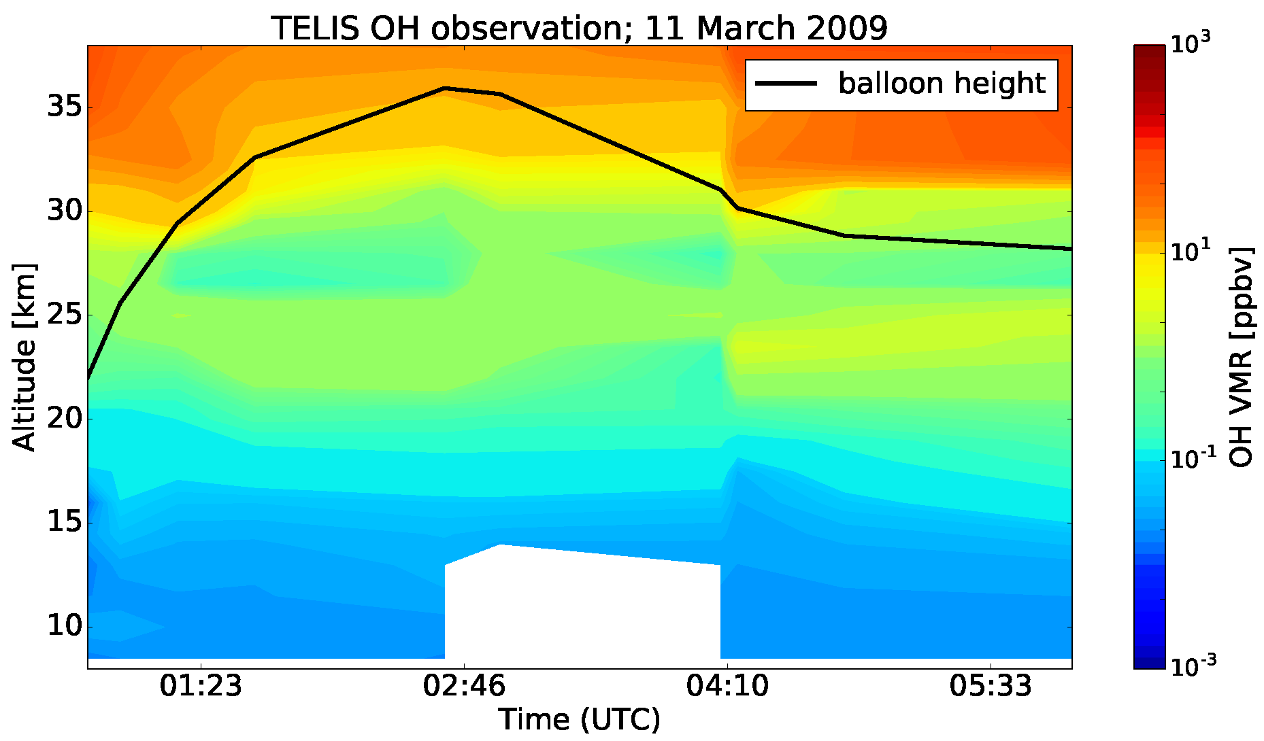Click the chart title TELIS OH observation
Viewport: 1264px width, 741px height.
(x=579, y=29)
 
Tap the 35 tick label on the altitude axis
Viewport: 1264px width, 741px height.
(x=65, y=107)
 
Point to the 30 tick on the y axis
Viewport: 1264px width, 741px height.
(x=65, y=211)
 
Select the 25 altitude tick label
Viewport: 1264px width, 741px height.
(x=65, y=315)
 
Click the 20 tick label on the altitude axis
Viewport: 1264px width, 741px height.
(x=65, y=419)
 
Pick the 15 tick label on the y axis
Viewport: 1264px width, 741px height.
(x=65, y=523)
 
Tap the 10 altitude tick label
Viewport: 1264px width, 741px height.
(x=65, y=626)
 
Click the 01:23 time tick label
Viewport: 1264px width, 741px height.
(x=201, y=687)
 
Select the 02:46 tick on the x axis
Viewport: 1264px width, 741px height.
(x=464, y=687)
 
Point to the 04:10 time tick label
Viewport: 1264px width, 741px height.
(x=727, y=687)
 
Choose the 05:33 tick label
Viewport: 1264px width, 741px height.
(x=991, y=687)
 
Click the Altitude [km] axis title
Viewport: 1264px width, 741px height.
(x=24, y=357)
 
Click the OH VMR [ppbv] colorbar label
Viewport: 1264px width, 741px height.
(x=1242, y=357)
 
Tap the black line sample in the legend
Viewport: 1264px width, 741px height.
(x=786, y=83)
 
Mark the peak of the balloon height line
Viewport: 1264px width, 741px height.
(x=444, y=88)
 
